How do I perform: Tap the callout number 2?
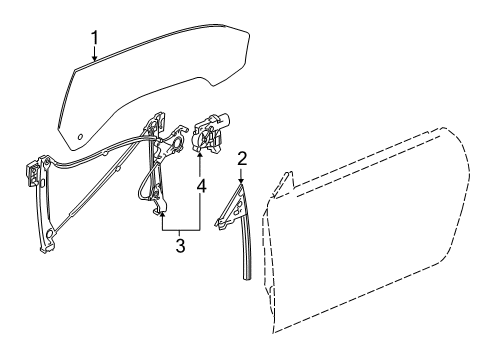pos(242,157)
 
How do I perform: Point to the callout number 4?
pos(203,186)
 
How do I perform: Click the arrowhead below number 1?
pos(93,61)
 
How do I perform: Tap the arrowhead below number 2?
pos(242,178)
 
